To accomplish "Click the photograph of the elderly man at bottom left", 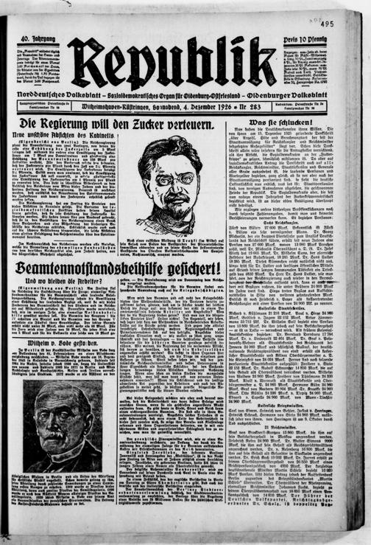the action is pyautogui.click(x=63, y=427).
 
